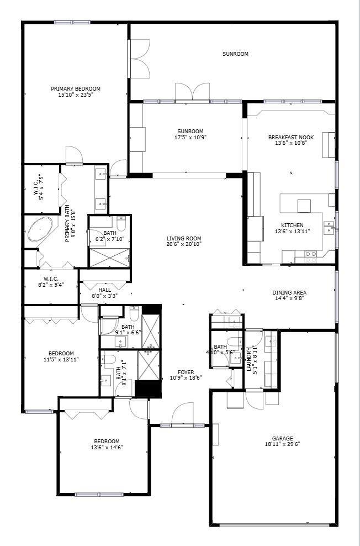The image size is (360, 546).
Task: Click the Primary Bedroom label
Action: [x=76, y=89]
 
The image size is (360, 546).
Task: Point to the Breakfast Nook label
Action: [x=287, y=137]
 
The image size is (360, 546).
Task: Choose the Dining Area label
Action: [x=289, y=292]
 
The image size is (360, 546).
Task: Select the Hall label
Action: [x=104, y=290]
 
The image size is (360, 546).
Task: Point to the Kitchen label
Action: [x=293, y=225]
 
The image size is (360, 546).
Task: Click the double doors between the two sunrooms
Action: [x=191, y=92]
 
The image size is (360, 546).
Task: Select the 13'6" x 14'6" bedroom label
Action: [x=107, y=441]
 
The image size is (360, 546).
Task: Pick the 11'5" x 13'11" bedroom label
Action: [x=60, y=354]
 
